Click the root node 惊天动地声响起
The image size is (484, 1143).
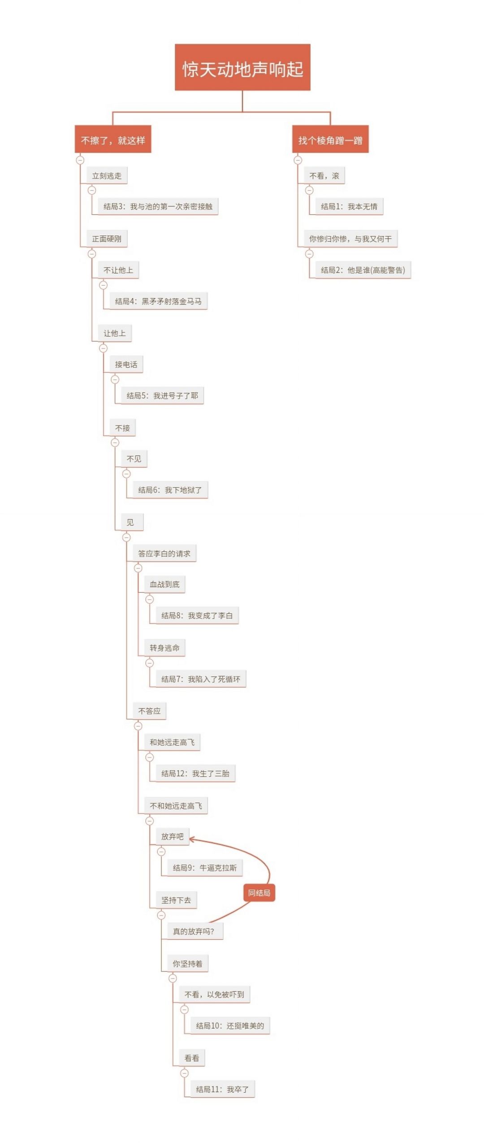tap(242, 67)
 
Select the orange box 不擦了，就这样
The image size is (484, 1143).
tap(113, 139)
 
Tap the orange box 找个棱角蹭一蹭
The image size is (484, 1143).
tap(330, 139)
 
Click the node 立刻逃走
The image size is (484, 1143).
tap(107, 175)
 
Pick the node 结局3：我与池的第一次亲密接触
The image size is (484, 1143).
tap(158, 206)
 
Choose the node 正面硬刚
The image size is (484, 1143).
tap(107, 239)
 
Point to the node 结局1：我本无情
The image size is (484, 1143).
tap(349, 206)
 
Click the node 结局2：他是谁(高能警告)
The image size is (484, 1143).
tap(363, 270)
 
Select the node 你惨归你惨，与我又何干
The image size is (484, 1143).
tap(350, 239)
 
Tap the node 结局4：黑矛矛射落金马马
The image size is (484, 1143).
tap(158, 301)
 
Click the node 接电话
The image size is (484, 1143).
tap(126, 364)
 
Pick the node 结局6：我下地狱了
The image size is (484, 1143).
tap(170, 490)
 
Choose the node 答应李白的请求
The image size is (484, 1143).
tap(164, 554)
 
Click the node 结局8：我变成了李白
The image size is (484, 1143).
tap(197, 615)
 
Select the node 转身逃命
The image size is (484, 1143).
tap(164, 648)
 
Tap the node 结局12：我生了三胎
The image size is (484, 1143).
tap(195, 773)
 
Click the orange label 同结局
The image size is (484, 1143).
tap(259, 893)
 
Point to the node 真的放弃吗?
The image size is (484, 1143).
tap(194, 931)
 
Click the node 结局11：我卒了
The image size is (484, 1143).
tap(222, 1089)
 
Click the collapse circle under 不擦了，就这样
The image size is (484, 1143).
tap(80, 160)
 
